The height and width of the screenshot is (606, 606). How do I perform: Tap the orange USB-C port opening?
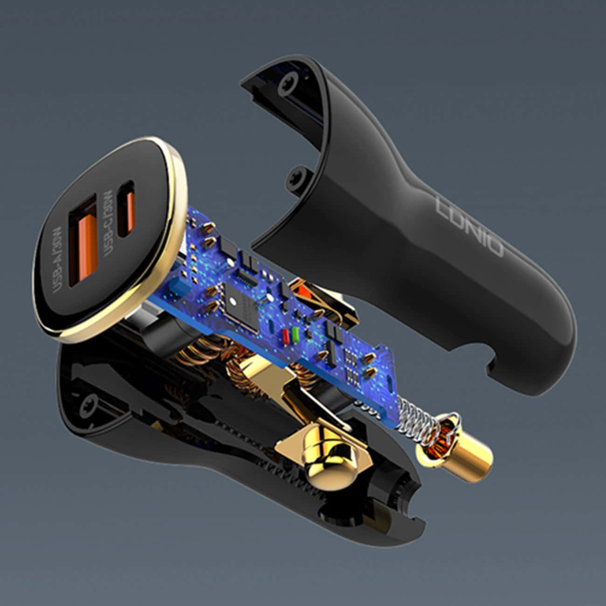pos(127,209)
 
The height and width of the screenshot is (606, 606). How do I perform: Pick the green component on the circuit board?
pos(295,334)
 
